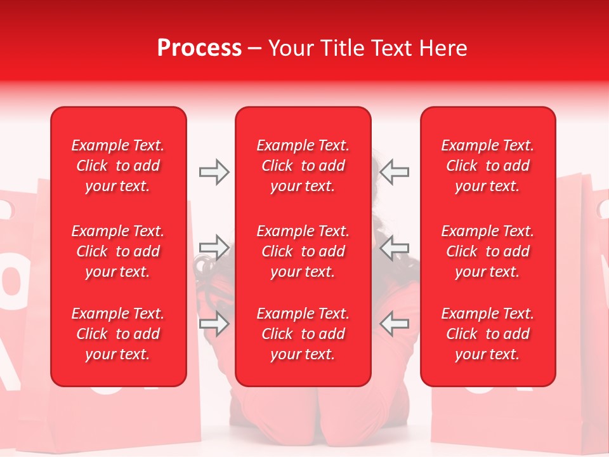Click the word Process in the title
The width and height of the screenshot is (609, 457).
pyautogui.click(x=199, y=48)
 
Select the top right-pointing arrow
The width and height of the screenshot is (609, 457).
pyautogui.click(x=214, y=172)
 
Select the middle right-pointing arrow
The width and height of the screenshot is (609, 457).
pyautogui.click(x=214, y=248)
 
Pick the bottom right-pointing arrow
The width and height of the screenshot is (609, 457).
pyautogui.click(x=214, y=324)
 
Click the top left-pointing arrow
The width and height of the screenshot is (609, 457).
pyautogui.click(x=394, y=172)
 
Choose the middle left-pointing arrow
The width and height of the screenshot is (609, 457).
pyautogui.click(x=394, y=248)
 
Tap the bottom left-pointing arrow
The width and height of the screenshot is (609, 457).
pyautogui.click(x=394, y=324)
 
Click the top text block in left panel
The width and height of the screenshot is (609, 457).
pyautogui.click(x=118, y=166)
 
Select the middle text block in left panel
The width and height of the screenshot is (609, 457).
pyautogui.click(x=118, y=251)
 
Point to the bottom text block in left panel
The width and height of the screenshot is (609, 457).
pyautogui.click(x=118, y=334)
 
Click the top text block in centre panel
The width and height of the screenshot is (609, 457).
pyautogui.click(x=303, y=166)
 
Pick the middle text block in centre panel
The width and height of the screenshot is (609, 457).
pyautogui.click(x=303, y=251)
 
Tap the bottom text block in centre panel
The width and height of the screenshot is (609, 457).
pyautogui.click(x=303, y=334)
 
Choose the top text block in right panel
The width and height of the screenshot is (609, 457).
pyautogui.click(x=487, y=166)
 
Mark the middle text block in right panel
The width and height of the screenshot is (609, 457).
pyautogui.click(x=487, y=251)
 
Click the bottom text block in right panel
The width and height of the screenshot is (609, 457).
pyautogui.click(x=487, y=334)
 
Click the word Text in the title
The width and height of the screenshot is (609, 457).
pyautogui.click(x=394, y=48)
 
